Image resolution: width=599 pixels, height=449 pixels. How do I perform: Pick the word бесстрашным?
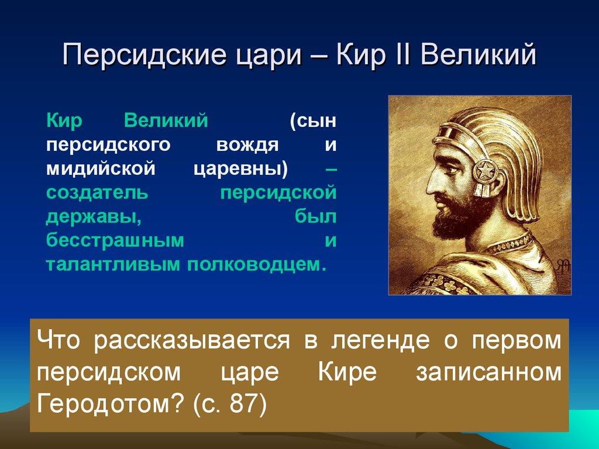pos(115,240)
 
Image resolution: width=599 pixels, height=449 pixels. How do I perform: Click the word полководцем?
pos(256,264)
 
